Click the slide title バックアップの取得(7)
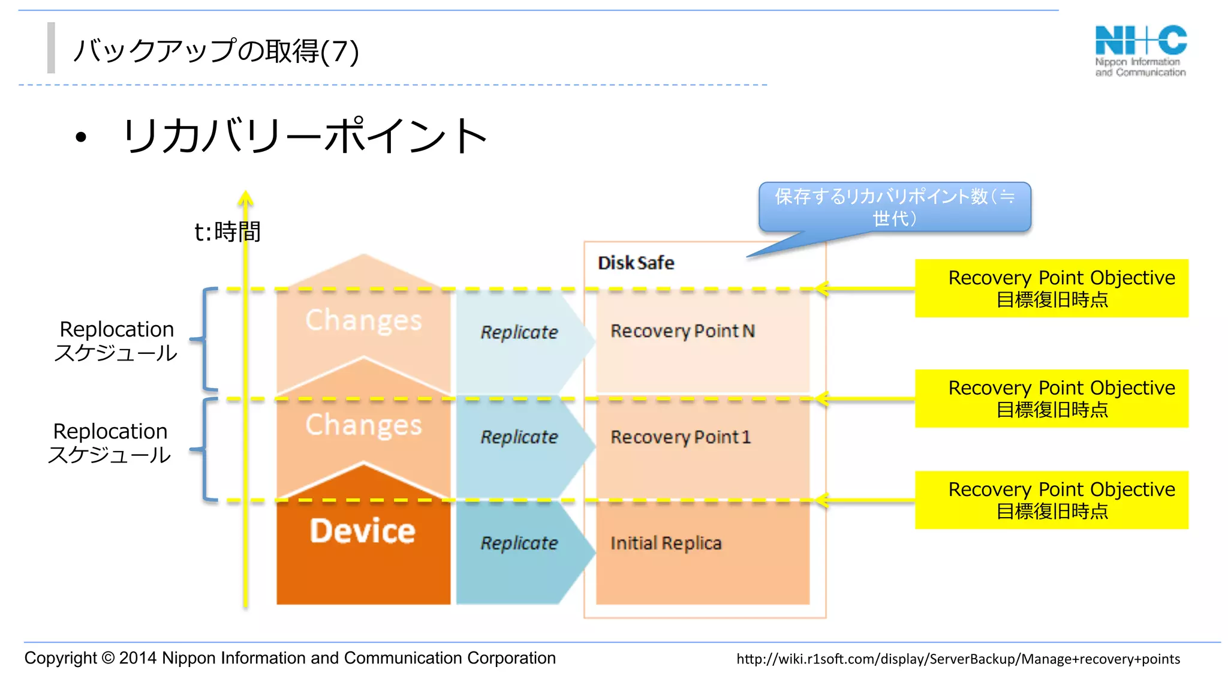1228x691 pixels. pyautogui.click(x=216, y=51)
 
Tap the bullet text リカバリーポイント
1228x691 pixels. pyautogui.click(x=305, y=136)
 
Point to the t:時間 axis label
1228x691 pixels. pyautogui.click(x=227, y=232)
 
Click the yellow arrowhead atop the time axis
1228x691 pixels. pyautogui.click(x=245, y=198)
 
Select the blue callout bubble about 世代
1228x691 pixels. pyautogui.click(x=894, y=207)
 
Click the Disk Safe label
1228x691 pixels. pyautogui.click(x=636, y=263)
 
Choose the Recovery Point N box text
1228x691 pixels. pyautogui.click(x=682, y=331)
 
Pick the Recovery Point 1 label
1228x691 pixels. pyautogui.click(x=680, y=437)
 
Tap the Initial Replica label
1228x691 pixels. pyautogui.click(x=666, y=543)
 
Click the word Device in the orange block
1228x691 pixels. pyautogui.click(x=362, y=531)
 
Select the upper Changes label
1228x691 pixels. pyautogui.click(x=363, y=320)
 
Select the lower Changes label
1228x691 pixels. pyautogui.click(x=363, y=425)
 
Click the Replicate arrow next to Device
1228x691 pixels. pyautogui.click(x=519, y=543)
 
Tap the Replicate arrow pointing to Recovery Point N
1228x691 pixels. pyautogui.click(x=519, y=332)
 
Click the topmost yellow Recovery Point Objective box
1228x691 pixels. pyautogui.click(x=1051, y=288)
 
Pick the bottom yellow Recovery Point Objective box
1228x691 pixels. pyautogui.click(x=1051, y=500)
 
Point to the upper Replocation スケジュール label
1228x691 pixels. pyautogui.click(x=116, y=341)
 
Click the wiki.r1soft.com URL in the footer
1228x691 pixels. pyautogui.click(x=958, y=659)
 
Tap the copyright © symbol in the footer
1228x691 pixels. pyautogui.click(x=108, y=658)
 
